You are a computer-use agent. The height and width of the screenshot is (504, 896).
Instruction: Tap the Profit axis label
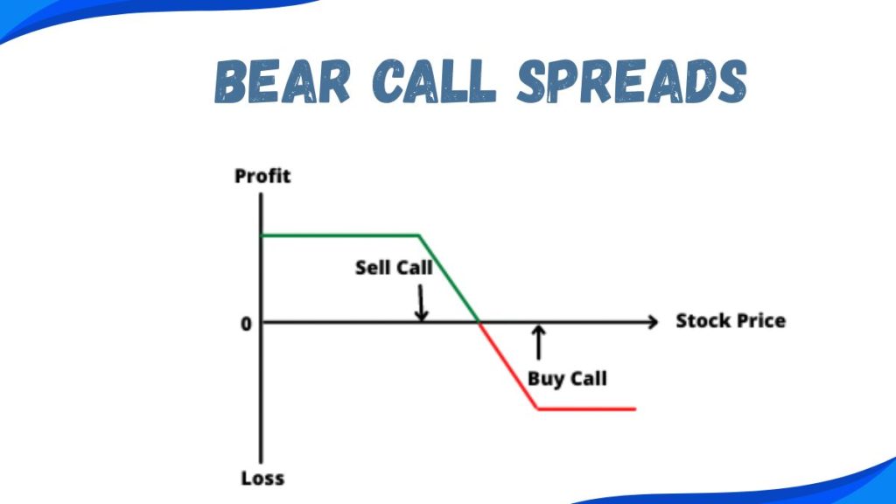[x=262, y=176]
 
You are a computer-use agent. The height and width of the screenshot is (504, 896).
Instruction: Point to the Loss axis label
[x=262, y=479]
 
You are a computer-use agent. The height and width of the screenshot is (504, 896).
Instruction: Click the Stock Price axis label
[x=731, y=320]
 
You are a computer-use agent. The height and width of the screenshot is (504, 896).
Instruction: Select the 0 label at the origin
[x=247, y=324]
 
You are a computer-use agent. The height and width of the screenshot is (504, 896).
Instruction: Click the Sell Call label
[x=394, y=268]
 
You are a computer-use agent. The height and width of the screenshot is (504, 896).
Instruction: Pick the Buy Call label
[x=567, y=379]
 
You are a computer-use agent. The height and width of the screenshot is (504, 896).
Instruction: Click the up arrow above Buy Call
[x=538, y=342]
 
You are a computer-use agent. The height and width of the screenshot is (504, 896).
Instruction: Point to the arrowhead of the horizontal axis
[x=652, y=323]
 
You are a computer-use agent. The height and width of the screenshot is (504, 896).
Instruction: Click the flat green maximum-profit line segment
[x=341, y=234]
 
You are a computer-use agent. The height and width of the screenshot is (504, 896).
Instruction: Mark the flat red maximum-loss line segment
[x=586, y=409]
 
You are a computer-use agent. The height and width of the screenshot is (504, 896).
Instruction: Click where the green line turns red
[x=479, y=323]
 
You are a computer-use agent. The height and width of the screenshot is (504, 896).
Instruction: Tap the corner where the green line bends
[x=420, y=234]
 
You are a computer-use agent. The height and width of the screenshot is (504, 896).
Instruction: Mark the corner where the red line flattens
[x=538, y=409]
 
